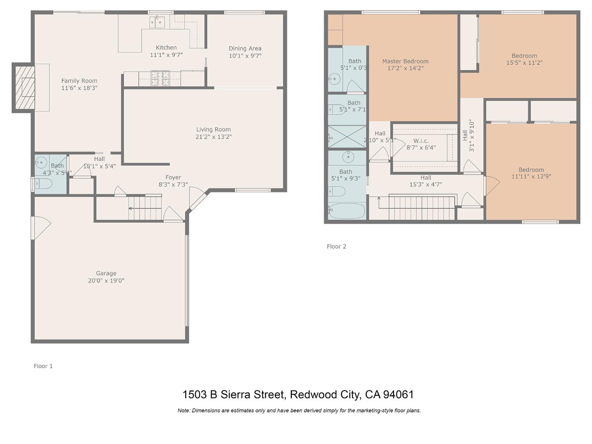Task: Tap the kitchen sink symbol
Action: pyautogui.click(x=157, y=22)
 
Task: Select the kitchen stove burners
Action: pyautogui.click(x=160, y=78)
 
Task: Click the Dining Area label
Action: pyautogui.click(x=245, y=49)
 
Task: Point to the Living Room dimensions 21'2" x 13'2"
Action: pyautogui.click(x=213, y=137)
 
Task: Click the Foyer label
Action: pyautogui.click(x=173, y=178)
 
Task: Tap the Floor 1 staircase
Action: pyautogui.click(x=145, y=208)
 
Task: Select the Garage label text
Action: pyautogui.click(x=106, y=273)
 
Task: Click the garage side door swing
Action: pyautogui.click(x=41, y=227)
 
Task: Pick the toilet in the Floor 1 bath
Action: pyautogui.click(x=44, y=184)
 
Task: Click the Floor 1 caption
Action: pyautogui.click(x=43, y=366)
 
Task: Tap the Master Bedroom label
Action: pyautogui.click(x=405, y=61)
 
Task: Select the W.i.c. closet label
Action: pyautogui.click(x=421, y=141)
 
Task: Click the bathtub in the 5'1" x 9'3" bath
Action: pyautogui.click(x=347, y=211)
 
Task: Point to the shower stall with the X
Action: pyautogui.click(x=347, y=136)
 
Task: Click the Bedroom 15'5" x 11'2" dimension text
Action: pyautogui.click(x=524, y=63)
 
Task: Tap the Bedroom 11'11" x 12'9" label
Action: pyautogui.click(x=531, y=170)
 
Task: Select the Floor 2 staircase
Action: pyautogui.click(x=421, y=208)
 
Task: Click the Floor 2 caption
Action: pyautogui.click(x=336, y=246)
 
